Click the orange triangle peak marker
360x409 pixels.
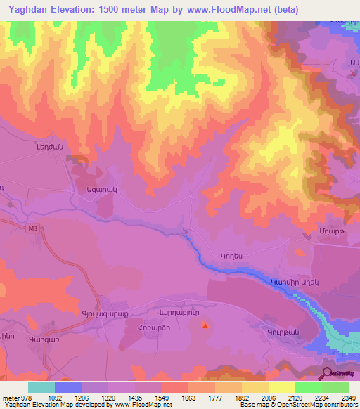click(x=205, y=325)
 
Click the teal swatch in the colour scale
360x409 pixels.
click(x=41, y=387)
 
